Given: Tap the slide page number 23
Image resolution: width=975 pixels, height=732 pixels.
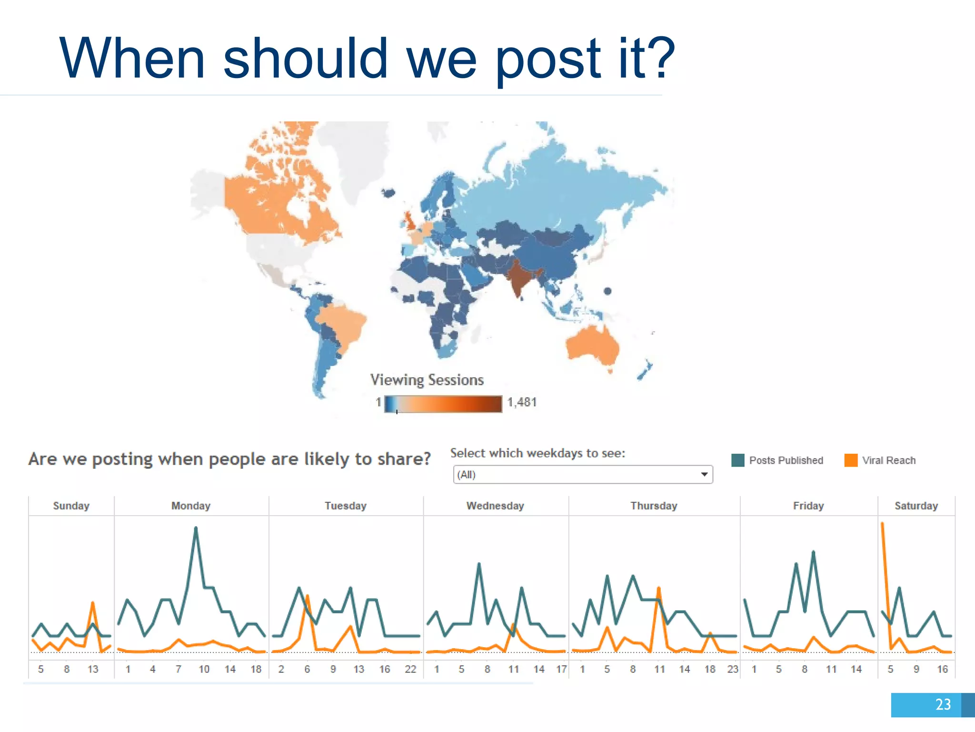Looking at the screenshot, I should (x=943, y=704).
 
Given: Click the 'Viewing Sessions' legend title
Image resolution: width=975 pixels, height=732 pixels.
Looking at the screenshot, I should (x=427, y=380).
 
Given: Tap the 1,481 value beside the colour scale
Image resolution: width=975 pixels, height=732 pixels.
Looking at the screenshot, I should (x=522, y=402).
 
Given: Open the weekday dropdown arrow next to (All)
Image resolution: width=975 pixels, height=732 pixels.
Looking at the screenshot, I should (x=704, y=474).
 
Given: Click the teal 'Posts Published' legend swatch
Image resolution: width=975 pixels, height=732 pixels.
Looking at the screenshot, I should (x=737, y=460).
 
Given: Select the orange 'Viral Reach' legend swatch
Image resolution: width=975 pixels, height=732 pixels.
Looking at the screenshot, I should (x=850, y=460).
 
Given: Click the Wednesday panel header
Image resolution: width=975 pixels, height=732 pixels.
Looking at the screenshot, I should (x=495, y=506).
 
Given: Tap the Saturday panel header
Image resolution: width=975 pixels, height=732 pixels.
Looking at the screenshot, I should (x=916, y=506).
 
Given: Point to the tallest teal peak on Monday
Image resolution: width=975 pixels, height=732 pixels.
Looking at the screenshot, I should (x=196, y=528).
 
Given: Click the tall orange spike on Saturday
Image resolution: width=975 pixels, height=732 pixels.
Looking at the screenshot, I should (x=883, y=524).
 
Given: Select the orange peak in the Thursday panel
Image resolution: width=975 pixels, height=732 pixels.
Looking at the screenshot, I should (x=659, y=588).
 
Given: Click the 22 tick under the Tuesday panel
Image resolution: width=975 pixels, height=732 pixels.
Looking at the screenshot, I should (x=410, y=669).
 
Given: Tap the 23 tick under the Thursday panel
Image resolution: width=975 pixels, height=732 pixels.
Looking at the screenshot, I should (x=733, y=669).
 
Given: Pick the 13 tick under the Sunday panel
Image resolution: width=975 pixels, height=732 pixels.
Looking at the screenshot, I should (x=93, y=669).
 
